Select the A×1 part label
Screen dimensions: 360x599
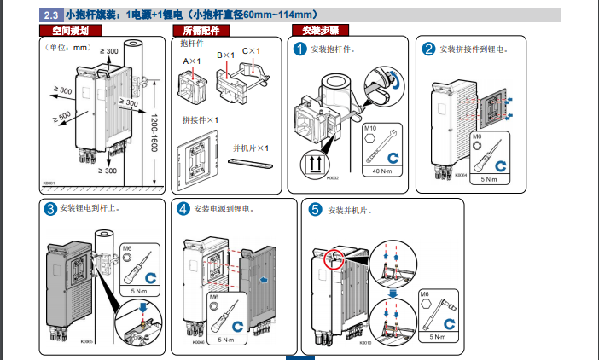[190, 61]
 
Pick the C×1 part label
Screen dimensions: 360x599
[250, 54]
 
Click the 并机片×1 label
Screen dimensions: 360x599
[251, 148]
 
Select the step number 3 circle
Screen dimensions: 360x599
[50, 208]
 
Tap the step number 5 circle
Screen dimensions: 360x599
[315, 209]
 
